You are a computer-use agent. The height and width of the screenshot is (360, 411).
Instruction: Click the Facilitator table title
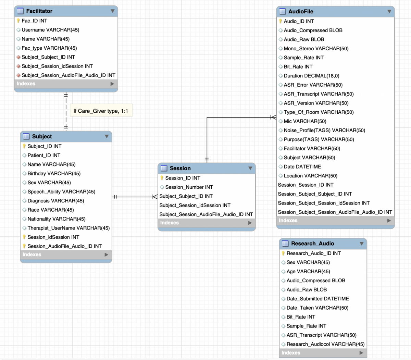39,11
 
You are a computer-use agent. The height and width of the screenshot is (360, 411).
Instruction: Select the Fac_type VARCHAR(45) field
49,48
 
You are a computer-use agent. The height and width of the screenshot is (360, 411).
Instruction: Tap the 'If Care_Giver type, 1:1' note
101,111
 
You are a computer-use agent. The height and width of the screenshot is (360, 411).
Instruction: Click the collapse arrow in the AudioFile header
389,11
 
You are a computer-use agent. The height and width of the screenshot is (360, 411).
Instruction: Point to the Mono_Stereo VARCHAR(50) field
316,49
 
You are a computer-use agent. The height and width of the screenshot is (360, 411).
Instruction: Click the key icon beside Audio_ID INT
281,21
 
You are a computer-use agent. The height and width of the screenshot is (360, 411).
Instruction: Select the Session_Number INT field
189,187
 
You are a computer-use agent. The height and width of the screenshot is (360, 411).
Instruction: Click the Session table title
180,168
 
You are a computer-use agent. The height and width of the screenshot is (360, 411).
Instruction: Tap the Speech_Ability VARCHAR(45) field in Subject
61,192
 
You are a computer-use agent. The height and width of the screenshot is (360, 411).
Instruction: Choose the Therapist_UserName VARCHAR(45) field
69,228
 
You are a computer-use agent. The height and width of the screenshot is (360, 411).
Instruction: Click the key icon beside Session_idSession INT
24,237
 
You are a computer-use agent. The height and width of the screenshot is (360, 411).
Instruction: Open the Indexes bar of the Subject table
66,255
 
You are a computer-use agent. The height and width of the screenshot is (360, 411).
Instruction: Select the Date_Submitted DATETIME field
317,299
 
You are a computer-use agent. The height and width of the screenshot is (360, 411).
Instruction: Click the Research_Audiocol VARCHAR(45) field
325,344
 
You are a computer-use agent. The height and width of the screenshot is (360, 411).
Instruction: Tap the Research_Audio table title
313,244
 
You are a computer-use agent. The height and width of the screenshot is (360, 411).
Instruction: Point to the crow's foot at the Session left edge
155,197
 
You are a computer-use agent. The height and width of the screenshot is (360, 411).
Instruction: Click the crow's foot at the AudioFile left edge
273,117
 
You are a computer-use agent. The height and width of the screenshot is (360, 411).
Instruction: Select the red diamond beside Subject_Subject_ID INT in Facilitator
18,57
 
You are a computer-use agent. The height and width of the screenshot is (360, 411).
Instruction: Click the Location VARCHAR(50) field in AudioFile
311,176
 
